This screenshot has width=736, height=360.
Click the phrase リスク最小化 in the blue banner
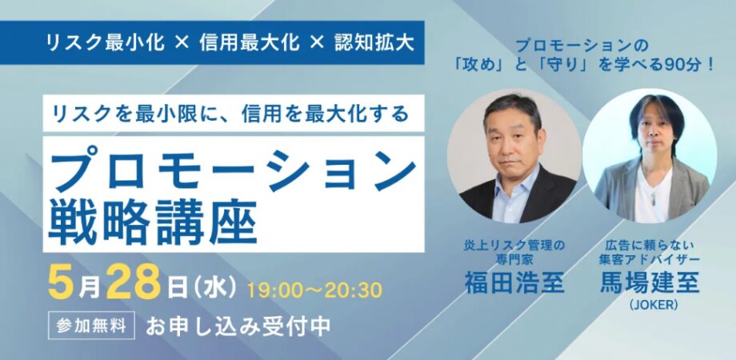click(105, 42)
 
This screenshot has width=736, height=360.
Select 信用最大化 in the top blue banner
click(250, 42)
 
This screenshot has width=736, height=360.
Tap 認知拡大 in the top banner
click(374, 42)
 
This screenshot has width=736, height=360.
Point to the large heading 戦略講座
click(153, 223)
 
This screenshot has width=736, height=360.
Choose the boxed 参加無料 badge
click(91, 325)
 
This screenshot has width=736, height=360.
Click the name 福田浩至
click(514, 282)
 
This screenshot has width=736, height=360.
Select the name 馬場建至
click(650, 282)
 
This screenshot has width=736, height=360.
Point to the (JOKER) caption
click(650, 305)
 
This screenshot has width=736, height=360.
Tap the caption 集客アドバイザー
click(650, 258)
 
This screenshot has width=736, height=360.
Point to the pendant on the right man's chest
click(653, 198)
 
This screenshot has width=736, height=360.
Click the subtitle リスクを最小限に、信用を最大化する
click(231, 114)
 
